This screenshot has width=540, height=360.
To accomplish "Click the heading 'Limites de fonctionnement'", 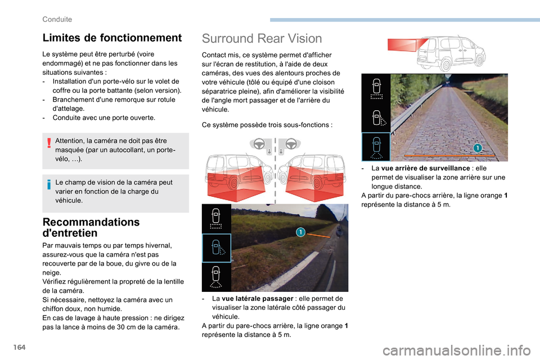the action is tap(112, 38).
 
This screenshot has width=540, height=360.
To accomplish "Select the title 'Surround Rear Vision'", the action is tap(262, 39).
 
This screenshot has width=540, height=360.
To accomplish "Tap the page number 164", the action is tap(20, 347).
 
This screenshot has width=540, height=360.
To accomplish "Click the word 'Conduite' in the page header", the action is tap(57, 19).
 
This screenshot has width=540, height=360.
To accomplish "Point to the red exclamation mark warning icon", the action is tap(49, 143).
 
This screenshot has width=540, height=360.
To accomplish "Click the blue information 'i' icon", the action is tap(49, 184).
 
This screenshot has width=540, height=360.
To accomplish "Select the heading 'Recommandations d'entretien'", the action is tap(91, 227).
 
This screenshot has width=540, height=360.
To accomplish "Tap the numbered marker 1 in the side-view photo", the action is tap(300, 232).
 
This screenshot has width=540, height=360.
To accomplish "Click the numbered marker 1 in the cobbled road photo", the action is tap(478, 148).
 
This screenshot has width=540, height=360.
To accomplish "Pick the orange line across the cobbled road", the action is tap(449, 156).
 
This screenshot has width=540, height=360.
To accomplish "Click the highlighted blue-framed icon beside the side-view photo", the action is tap(216, 248).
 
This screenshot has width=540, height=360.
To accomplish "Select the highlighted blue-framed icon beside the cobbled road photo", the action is tap(376, 147).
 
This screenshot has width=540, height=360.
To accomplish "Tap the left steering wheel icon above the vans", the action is tap(259, 143).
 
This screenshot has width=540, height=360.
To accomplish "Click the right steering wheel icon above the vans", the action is tap(291, 143).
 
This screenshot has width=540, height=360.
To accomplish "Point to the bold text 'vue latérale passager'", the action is tap(257, 299).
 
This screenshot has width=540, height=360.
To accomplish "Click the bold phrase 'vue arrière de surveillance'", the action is tap(425, 168).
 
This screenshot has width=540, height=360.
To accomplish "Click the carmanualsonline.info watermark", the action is tap(456, 350).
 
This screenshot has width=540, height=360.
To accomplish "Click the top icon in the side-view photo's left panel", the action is tap(216, 219).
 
